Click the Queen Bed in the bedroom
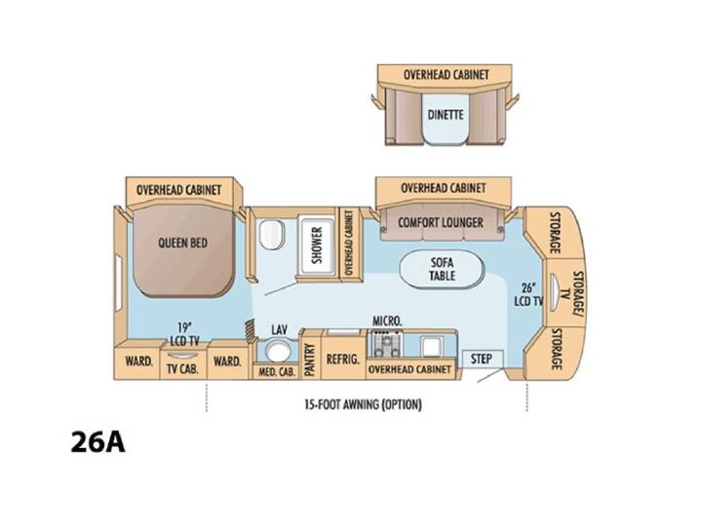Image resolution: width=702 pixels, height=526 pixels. pyautogui.click(x=183, y=251)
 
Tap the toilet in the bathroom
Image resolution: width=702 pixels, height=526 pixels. pyautogui.click(x=272, y=235)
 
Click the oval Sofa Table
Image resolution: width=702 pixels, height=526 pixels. pyautogui.click(x=442, y=269)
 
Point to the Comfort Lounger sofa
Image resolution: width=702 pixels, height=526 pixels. pyautogui.click(x=442, y=222)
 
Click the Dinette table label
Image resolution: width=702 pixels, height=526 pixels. pyautogui.click(x=446, y=115)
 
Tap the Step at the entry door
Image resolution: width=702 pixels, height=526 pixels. pyautogui.click(x=483, y=358)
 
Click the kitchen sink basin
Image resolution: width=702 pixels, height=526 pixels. pyautogui.click(x=432, y=347)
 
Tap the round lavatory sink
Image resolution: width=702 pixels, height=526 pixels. pyautogui.click(x=278, y=351)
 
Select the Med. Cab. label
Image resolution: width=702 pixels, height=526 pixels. pyautogui.click(x=277, y=372)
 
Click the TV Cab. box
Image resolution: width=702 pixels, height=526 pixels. pyautogui.click(x=182, y=364)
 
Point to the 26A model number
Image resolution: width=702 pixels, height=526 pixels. pyautogui.click(x=98, y=442)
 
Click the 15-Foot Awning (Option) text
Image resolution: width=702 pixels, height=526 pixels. pyautogui.click(x=363, y=405)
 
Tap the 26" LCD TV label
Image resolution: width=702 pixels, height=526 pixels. pyautogui.click(x=528, y=295)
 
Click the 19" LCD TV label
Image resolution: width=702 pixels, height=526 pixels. pyautogui.click(x=184, y=334)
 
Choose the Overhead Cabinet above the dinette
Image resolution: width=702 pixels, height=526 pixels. pyautogui.click(x=445, y=75)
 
